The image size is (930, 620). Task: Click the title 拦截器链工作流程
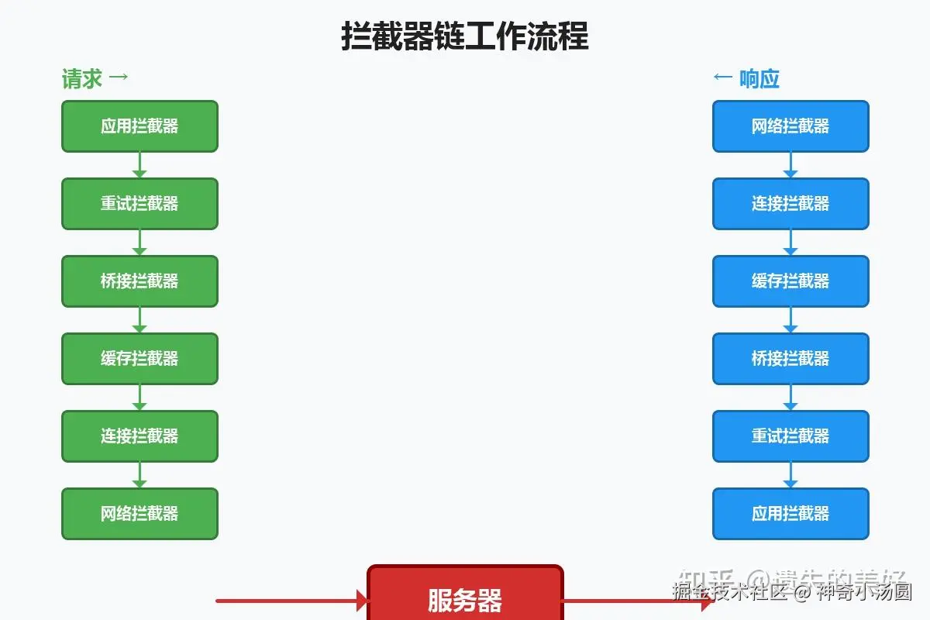pyautogui.click(x=465, y=36)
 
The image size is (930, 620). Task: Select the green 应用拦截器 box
pyautogui.click(x=139, y=126)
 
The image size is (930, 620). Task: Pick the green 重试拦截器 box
pyautogui.click(x=139, y=204)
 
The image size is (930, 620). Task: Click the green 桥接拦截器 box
pyautogui.click(x=139, y=281)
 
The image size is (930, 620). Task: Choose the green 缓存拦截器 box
pyautogui.click(x=139, y=359)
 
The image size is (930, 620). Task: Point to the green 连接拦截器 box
pyautogui.click(x=139, y=436)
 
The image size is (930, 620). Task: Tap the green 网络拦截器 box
pyautogui.click(x=139, y=514)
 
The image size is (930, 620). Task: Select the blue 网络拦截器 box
pyautogui.click(x=790, y=126)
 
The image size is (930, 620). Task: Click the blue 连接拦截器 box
pyautogui.click(x=790, y=204)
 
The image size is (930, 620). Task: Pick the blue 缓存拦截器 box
pyautogui.click(x=790, y=281)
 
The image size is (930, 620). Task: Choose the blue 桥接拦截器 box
pyautogui.click(x=790, y=359)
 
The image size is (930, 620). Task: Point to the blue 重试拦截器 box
pyautogui.click(x=790, y=436)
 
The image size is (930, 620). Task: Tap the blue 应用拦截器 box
pyautogui.click(x=790, y=514)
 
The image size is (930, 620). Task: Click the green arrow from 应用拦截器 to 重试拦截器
pyautogui.click(x=139, y=165)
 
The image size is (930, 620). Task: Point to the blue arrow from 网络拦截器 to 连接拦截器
pyautogui.click(x=790, y=165)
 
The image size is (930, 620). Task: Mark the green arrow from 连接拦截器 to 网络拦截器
pyautogui.click(x=139, y=475)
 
